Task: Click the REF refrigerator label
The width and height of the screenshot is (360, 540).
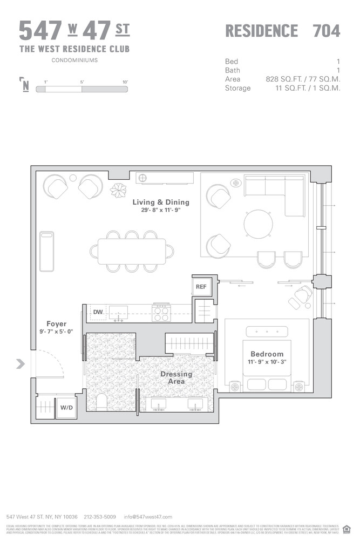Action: (201, 287)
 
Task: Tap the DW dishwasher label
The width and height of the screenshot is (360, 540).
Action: (98, 312)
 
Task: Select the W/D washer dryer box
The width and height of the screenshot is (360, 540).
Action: (66, 408)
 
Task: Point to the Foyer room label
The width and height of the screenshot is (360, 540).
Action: (56, 324)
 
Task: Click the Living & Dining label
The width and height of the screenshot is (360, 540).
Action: (161, 202)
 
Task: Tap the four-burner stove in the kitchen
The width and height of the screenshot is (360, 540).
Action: (161, 312)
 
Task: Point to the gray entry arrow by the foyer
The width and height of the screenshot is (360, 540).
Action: (21, 364)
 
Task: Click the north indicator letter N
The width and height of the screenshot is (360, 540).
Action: (25, 86)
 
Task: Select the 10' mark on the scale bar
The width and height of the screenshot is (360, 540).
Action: (125, 82)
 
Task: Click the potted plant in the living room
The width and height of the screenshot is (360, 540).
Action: (118, 191)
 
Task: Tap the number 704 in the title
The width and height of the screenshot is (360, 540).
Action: (327, 31)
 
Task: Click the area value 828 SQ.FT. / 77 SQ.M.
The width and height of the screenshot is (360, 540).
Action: (303, 79)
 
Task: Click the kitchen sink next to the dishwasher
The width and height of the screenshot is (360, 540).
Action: (118, 312)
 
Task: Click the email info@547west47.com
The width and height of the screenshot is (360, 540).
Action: (148, 517)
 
